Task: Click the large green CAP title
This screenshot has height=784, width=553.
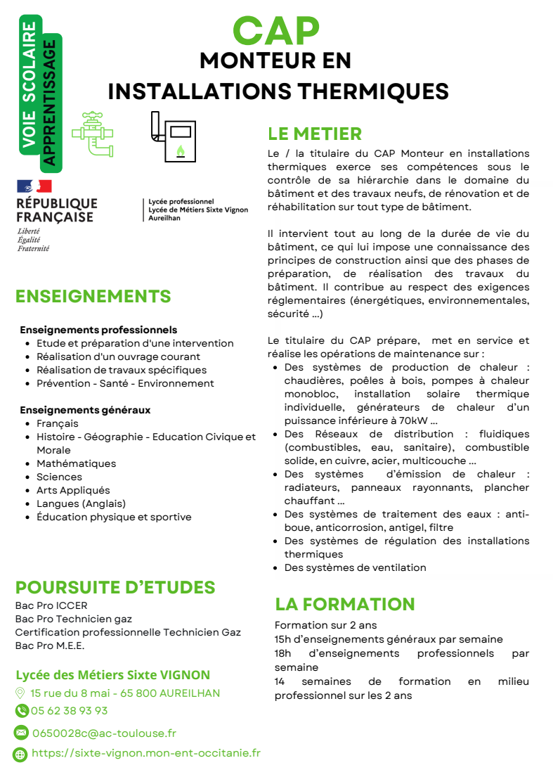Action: pos(276,30)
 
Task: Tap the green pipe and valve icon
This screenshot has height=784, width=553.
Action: pos(92,133)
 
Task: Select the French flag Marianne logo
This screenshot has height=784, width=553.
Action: pos(34,186)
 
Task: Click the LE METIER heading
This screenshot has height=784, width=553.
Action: pos(315,134)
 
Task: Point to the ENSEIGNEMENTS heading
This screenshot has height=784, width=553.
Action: pos(93,296)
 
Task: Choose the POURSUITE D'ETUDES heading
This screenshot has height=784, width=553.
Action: pos(115,587)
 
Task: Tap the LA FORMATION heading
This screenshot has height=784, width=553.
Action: pos(345,604)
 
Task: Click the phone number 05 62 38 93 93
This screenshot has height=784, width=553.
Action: pos(69,710)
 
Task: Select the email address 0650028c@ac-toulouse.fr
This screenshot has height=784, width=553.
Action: pos(104,733)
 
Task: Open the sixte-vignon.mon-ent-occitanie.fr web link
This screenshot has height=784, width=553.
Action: pos(146,753)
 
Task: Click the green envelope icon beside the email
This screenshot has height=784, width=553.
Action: pos(21,733)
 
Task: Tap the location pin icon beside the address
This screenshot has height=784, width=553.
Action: pos(20,693)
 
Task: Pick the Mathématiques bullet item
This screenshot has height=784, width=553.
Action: pos(76,463)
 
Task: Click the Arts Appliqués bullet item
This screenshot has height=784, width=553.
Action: pos(73,490)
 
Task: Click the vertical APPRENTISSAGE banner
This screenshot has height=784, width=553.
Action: pos(50,103)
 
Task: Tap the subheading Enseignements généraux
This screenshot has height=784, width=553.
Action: pos(85,410)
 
